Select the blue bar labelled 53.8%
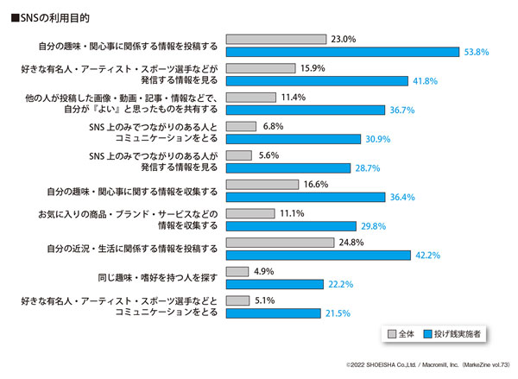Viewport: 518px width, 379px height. [343, 52]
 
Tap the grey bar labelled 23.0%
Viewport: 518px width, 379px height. [275, 39]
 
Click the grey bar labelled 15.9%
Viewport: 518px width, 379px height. [260, 68]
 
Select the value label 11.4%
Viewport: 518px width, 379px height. [294, 98]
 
